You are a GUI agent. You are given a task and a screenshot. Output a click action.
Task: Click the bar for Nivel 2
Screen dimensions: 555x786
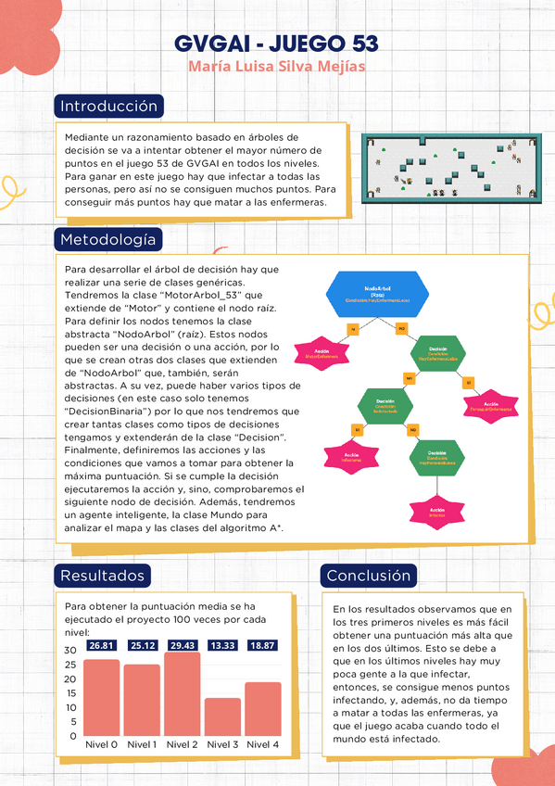click(x=183, y=695)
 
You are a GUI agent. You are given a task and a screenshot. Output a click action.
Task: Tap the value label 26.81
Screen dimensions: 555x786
click(x=101, y=645)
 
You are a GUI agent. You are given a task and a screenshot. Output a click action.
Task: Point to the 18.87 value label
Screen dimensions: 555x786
click(x=263, y=645)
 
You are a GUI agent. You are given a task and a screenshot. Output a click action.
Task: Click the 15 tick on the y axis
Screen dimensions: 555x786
click(x=70, y=693)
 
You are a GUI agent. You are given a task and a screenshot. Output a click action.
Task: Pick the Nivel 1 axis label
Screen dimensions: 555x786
click(x=142, y=744)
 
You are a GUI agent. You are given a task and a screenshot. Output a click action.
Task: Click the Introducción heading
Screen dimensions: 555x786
click(x=109, y=107)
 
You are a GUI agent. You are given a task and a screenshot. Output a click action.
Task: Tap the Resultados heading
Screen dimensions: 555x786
click(x=102, y=576)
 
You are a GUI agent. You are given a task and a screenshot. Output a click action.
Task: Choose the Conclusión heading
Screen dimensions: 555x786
click(x=368, y=576)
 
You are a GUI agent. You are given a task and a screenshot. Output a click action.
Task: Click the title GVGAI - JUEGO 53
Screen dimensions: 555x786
click(x=276, y=45)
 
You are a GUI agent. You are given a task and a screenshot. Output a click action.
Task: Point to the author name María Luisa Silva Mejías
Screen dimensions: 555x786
click(x=276, y=67)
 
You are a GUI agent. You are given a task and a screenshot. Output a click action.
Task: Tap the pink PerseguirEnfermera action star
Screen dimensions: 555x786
click(x=490, y=408)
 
